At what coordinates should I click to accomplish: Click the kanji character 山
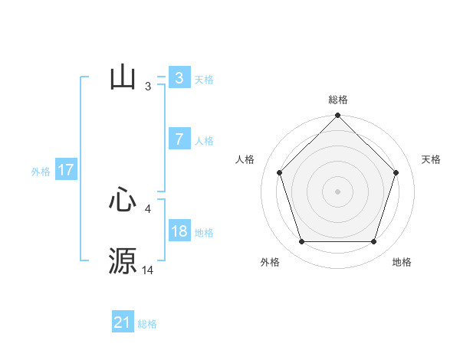coord(123,78)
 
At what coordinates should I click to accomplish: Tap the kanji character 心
coord(123,201)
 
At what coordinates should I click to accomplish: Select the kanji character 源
coord(123,260)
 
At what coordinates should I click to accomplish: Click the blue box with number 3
coord(179,77)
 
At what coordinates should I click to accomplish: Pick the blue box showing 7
coord(179,139)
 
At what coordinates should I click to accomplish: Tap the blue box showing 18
coord(179,231)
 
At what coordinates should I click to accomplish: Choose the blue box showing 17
coord(65,170)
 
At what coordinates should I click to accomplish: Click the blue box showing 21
coord(122,322)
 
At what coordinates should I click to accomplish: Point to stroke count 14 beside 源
coord(148,270)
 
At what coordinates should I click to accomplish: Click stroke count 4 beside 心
coord(148,208)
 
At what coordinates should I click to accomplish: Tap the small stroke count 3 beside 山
coord(148,87)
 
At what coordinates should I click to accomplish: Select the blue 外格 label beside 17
coord(41,172)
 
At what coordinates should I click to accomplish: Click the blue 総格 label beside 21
coord(147,324)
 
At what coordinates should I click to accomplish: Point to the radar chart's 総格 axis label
coord(338,100)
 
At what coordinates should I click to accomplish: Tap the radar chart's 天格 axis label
coord(432,159)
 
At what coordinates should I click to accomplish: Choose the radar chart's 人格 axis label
coord(245,159)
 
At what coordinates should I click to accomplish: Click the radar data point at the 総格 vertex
coord(338,116)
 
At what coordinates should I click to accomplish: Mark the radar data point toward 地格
coord(373,242)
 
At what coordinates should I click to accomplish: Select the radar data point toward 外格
coord(301,242)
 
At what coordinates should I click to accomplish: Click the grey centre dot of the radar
coord(337,191)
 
